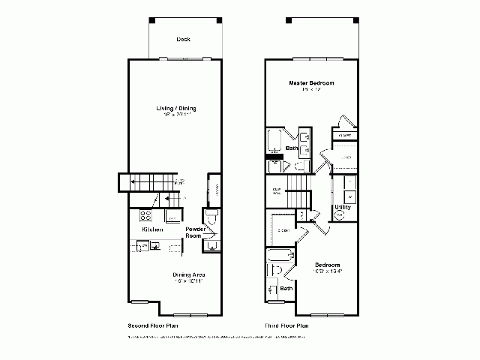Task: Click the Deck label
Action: click(183, 40)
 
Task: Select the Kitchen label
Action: click(153, 229)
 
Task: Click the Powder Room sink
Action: click(212, 244)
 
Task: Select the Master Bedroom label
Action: click(311, 82)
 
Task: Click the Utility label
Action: click(343, 205)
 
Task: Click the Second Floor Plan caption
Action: click(153, 326)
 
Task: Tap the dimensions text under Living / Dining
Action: click(178, 116)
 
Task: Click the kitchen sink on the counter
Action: click(154, 244)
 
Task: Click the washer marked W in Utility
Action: click(350, 196)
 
